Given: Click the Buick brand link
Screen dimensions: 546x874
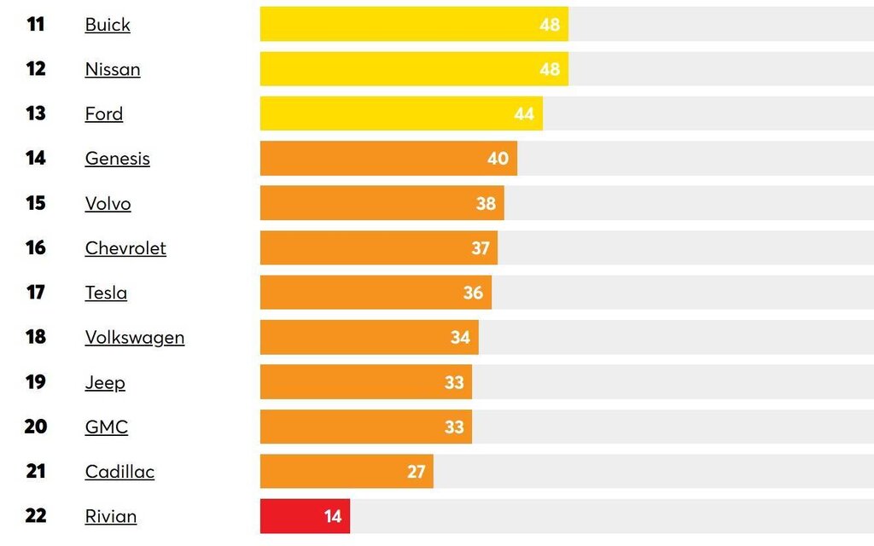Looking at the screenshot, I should point(108,25).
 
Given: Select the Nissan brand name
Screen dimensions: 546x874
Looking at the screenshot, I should point(113,69).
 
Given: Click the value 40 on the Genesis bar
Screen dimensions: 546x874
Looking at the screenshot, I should point(498,159).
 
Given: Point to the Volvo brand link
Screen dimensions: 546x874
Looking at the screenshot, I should point(108,203).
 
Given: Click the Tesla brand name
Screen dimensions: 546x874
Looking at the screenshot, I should point(106,293).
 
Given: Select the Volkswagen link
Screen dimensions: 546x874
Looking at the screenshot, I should point(135,337).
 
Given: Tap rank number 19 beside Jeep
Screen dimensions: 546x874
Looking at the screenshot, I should point(36,381).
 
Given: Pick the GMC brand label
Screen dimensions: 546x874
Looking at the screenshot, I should point(107,427).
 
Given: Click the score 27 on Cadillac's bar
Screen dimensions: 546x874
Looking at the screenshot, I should point(416,472).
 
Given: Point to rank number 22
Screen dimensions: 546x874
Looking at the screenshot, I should point(36,516).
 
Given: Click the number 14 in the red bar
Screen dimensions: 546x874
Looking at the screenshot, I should point(332,516).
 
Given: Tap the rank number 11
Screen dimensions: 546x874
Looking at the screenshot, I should point(36,24).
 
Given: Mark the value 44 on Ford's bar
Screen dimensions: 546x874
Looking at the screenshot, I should point(524,114).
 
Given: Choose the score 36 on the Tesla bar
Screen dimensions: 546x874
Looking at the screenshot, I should point(473,293).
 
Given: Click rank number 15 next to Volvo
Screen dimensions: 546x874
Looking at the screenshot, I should point(36,203).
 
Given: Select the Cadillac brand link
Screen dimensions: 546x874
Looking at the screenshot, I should point(119,472).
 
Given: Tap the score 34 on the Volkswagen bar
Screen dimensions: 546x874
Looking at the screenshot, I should point(460,338).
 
